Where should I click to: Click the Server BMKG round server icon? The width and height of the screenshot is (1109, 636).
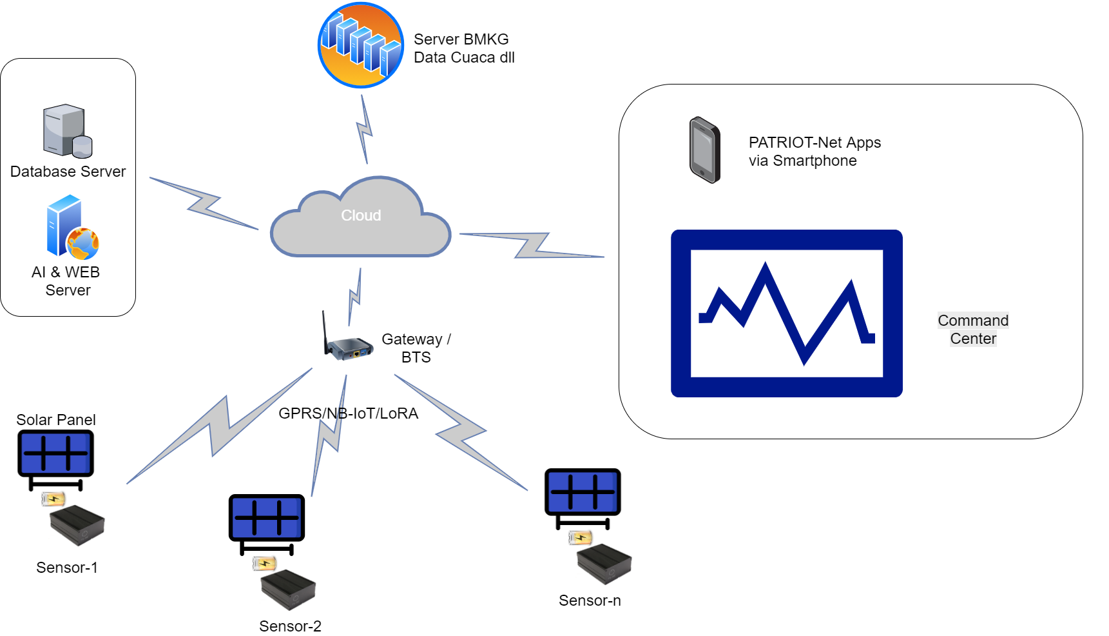click(x=361, y=45)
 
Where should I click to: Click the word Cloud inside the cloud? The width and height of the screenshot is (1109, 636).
click(x=361, y=215)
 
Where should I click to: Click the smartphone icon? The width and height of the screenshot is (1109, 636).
click(x=704, y=150)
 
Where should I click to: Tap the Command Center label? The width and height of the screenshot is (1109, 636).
click(x=973, y=330)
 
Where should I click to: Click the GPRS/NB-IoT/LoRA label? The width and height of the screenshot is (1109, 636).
click(x=348, y=413)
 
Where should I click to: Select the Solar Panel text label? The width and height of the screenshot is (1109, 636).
click(x=56, y=420)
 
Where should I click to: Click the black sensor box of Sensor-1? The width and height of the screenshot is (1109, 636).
click(x=77, y=524)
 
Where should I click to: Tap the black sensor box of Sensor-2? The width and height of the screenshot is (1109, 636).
click(x=288, y=589)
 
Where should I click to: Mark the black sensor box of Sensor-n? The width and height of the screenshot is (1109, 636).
click(x=604, y=563)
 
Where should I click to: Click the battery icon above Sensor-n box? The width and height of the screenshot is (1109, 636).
click(x=580, y=537)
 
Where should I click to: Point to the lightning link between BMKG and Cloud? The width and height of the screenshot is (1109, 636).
click(x=365, y=130)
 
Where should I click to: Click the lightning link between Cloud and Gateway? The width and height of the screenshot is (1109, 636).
click(x=354, y=297)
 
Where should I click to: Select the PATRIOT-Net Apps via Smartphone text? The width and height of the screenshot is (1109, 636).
click(x=815, y=152)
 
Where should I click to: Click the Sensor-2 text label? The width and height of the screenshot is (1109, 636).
click(x=290, y=626)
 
